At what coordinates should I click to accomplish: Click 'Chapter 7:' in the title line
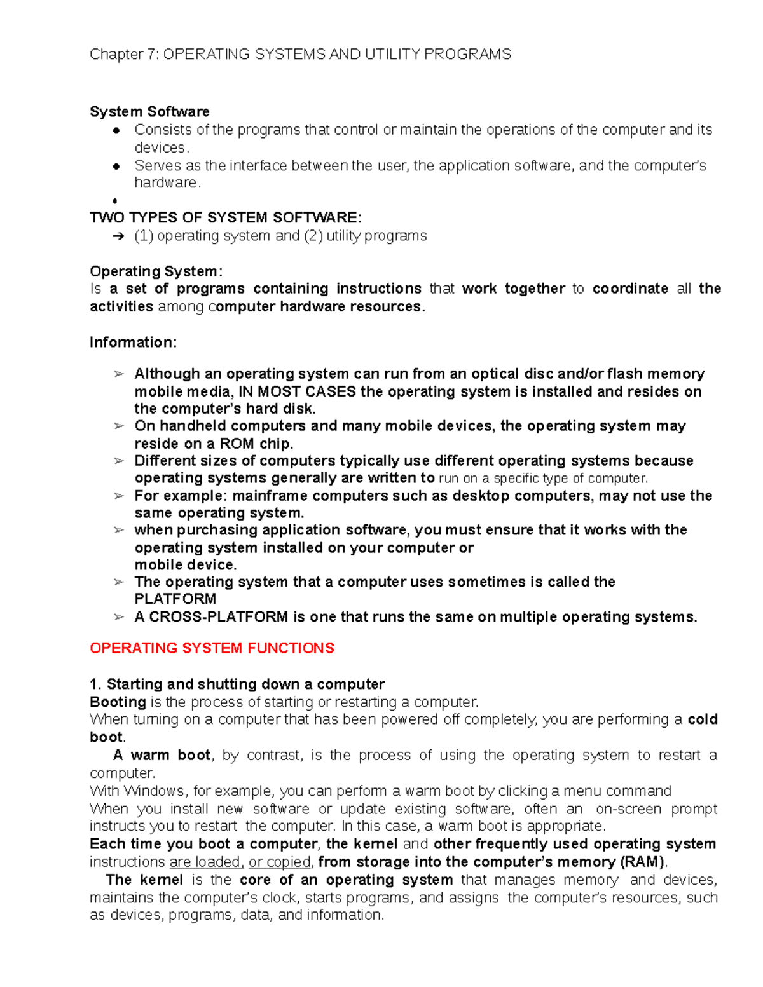click(125, 55)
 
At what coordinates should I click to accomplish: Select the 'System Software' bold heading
click(149, 112)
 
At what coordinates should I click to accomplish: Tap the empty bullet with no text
click(115, 201)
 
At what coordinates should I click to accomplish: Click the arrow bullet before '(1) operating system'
click(118, 236)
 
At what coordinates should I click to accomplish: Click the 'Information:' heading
click(133, 343)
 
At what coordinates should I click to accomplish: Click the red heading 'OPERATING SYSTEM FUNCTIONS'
click(212, 648)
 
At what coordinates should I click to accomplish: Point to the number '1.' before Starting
click(95, 684)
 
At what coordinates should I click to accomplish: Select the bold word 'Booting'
click(118, 702)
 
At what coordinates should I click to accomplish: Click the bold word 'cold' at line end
click(703, 719)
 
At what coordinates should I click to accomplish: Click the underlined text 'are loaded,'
click(206, 862)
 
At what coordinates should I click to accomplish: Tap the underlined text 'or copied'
click(279, 862)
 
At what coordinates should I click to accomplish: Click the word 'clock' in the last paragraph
click(284, 898)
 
